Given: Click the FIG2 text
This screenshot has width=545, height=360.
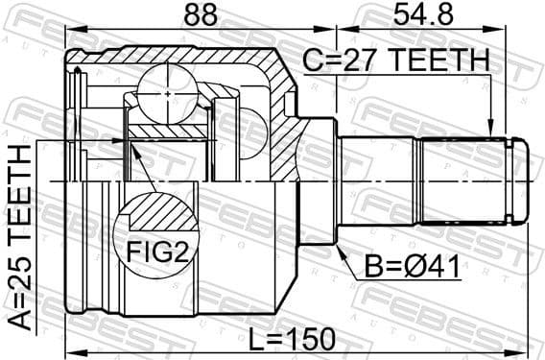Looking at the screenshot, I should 154,253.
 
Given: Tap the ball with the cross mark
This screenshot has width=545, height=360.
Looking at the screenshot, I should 167,92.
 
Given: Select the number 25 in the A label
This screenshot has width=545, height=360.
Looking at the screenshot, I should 20,268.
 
